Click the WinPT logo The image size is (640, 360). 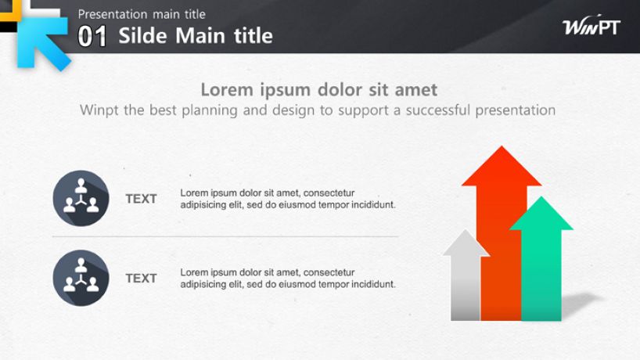591,26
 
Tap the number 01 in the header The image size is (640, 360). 92,36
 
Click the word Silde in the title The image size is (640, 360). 142,35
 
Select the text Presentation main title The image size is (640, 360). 142,14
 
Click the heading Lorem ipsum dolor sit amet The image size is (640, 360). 318,90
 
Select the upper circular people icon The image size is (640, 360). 81,198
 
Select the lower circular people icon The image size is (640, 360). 81,278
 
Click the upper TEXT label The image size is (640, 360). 141,199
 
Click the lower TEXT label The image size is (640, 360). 141,279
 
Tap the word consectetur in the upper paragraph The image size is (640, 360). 329,193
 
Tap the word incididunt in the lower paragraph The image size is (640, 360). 373,284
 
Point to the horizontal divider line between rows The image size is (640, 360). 225,236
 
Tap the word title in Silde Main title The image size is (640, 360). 253,35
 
